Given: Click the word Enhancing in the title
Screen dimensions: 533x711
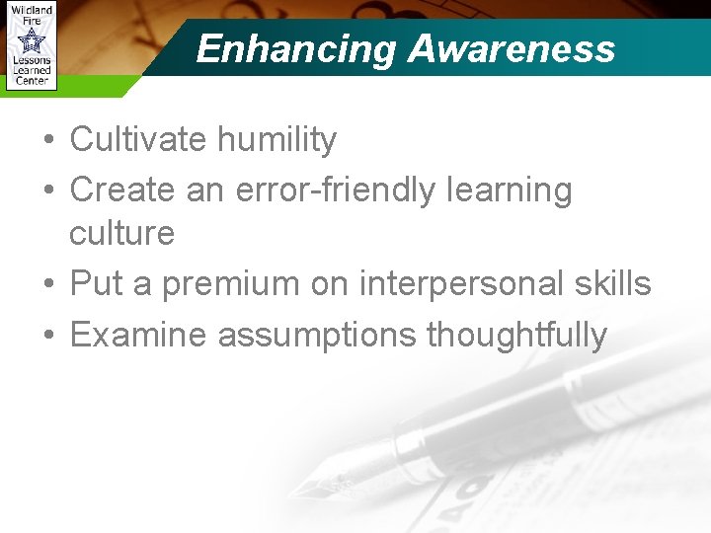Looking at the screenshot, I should point(296,48).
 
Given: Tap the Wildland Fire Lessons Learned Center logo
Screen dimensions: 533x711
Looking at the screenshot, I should point(31,46).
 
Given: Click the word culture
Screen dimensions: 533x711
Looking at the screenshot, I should point(121,234).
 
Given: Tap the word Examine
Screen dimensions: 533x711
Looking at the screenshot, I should point(139,335).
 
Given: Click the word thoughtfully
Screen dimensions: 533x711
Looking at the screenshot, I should point(515,336).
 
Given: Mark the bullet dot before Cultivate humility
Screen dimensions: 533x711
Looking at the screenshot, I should point(48,141).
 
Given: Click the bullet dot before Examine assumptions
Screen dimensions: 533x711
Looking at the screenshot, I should point(48,336).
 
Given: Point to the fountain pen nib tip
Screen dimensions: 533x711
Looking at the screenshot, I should point(295,493).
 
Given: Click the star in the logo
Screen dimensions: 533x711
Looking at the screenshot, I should point(32,40).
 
